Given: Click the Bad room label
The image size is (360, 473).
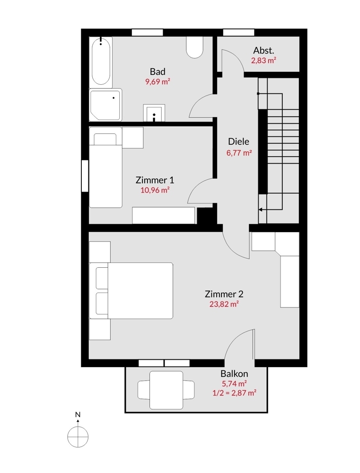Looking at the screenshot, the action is tap(158, 71).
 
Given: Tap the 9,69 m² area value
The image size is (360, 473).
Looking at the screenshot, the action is tap(158, 82).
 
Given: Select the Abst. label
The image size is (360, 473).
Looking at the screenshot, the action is tap(264, 51).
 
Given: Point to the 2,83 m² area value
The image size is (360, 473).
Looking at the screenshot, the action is tap(264, 61).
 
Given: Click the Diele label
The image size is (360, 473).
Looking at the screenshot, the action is tap(239, 141).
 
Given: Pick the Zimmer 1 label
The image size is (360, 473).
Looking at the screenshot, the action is tap(155, 180).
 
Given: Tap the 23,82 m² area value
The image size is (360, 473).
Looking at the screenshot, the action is tap(224, 304).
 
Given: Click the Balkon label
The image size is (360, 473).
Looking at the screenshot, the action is tap(235, 374).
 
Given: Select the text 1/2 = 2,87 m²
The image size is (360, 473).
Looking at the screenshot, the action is tap(235, 393).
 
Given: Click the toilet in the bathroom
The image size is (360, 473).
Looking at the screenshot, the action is tap(194, 47).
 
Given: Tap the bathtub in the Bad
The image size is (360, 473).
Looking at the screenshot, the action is tap(101, 61).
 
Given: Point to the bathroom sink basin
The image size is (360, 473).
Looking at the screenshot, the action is tap(154, 114).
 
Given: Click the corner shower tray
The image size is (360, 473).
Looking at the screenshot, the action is tap(105, 105).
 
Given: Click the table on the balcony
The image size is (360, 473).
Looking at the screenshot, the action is tap(167, 390).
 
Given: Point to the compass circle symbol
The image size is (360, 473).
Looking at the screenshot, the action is tap(78, 437).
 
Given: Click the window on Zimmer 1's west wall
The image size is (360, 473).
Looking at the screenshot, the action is tap(85, 176).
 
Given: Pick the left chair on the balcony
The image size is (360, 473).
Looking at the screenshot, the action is tap(144, 390).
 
